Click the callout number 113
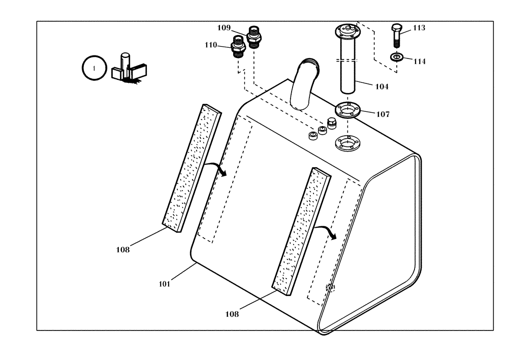419,28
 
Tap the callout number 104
382,87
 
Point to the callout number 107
383,114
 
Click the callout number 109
225,27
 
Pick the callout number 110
211,45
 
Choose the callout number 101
164,284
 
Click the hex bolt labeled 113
397,35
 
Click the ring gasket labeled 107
347,110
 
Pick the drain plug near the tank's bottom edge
330,288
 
